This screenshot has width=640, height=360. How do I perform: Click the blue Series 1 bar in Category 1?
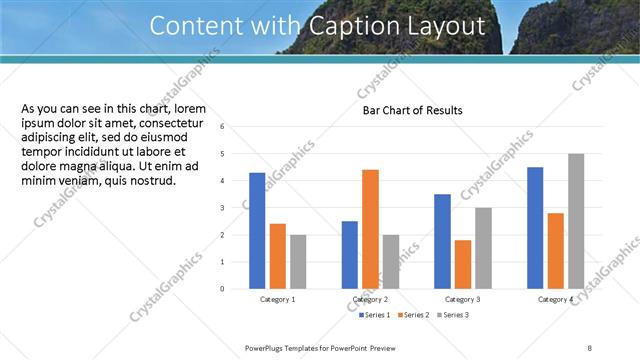click(x=257, y=230)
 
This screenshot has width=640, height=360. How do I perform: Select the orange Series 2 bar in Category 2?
click(x=370, y=229)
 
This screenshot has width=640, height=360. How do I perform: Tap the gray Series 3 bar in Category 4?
click(x=576, y=221)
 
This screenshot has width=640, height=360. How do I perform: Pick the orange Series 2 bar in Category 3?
click(x=462, y=264)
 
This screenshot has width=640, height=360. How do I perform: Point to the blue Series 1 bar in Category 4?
click(x=535, y=228)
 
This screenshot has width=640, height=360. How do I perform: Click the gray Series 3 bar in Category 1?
click(x=298, y=261)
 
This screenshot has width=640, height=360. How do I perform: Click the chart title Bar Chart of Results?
click(x=412, y=110)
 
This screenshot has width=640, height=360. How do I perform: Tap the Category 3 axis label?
click(x=463, y=300)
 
